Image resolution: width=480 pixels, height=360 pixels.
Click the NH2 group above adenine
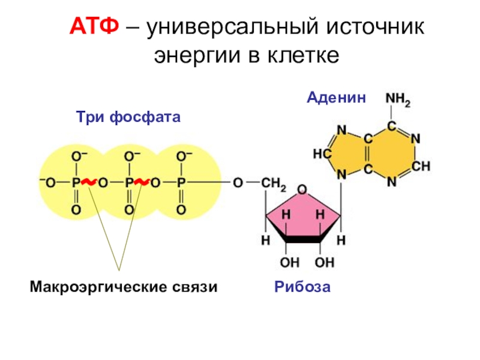(397, 99)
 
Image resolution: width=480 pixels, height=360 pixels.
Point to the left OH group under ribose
(289, 262)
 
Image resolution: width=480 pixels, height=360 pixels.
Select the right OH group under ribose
(325, 262)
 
